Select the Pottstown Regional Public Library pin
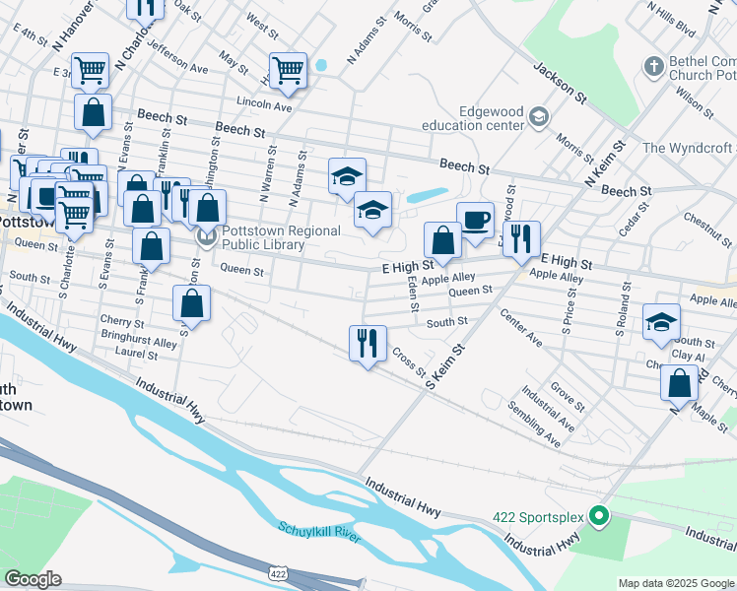207,237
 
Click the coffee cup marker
475,220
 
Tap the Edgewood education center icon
538,117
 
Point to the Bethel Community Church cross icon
652,67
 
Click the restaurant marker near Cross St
367,343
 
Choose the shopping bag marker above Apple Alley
442,239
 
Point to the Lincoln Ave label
264,104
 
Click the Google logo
33,579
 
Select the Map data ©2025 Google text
676,583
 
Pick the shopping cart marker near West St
288,69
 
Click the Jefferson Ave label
178,63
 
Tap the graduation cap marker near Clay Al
661,322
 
